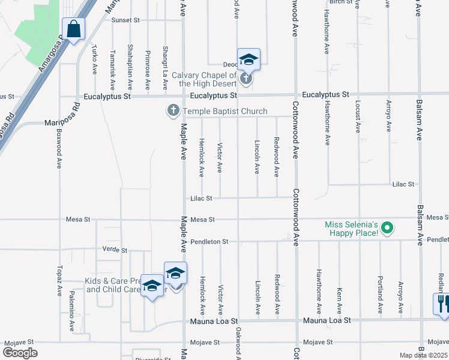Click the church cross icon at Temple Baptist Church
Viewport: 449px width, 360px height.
pyautogui.click(x=173, y=111)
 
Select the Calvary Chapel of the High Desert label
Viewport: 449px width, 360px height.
pyautogui.click(x=209, y=79)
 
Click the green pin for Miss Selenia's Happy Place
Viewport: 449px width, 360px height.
pyautogui.click(x=387, y=228)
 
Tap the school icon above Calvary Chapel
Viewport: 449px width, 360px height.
pyautogui.click(x=249, y=59)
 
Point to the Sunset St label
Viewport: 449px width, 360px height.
pyautogui.click(x=125, y=20)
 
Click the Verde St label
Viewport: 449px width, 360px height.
pyautogui.click(x=115, y=250)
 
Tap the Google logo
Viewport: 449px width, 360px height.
pyautogui.click(x=20, y=352)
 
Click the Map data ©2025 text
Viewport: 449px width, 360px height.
pyautogui.click(x=424, y=355)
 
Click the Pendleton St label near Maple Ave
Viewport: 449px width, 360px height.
pyautogui.click(x=209, y=241)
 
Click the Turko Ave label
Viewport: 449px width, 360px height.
pyautogui.click(x=95, y=59)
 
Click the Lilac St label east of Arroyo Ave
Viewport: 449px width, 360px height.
pyautogui.click(x=403, y=184)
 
